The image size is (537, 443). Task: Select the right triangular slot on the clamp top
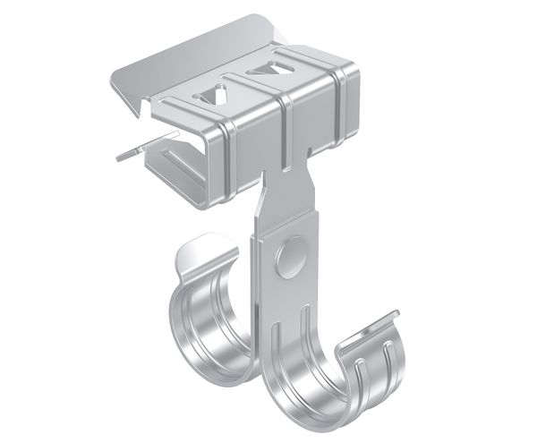coord(264,69)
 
